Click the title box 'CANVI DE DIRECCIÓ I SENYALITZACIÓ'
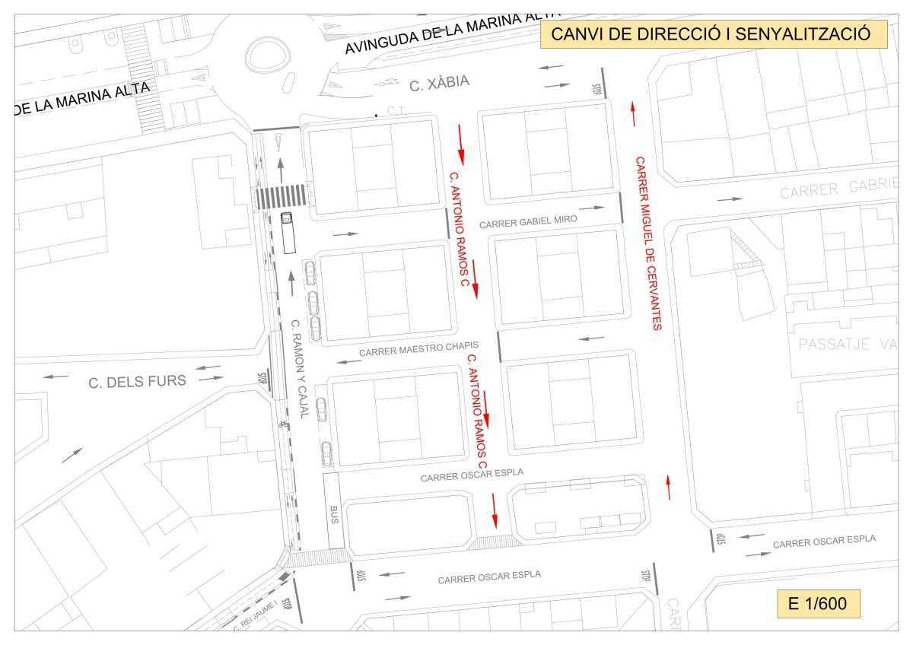pyautogui.click(x=714, y=35)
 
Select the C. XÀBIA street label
pyautogui.click(x=440, y=83)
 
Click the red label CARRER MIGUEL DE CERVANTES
pyautogui.click(x=649, y=243)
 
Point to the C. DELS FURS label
pyautogui.click(x=137, y=381)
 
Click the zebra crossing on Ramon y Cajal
pyautogui.click(x=282, y=196)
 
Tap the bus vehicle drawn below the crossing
pyautogui.click(x=288, y=233)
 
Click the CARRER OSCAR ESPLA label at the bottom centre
pyautogui.click(x=489, y=577)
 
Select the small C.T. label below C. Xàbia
pyautogui.click(x=396, y=110)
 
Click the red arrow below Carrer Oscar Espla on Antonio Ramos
pyautogui.click(x=495, y=510)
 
